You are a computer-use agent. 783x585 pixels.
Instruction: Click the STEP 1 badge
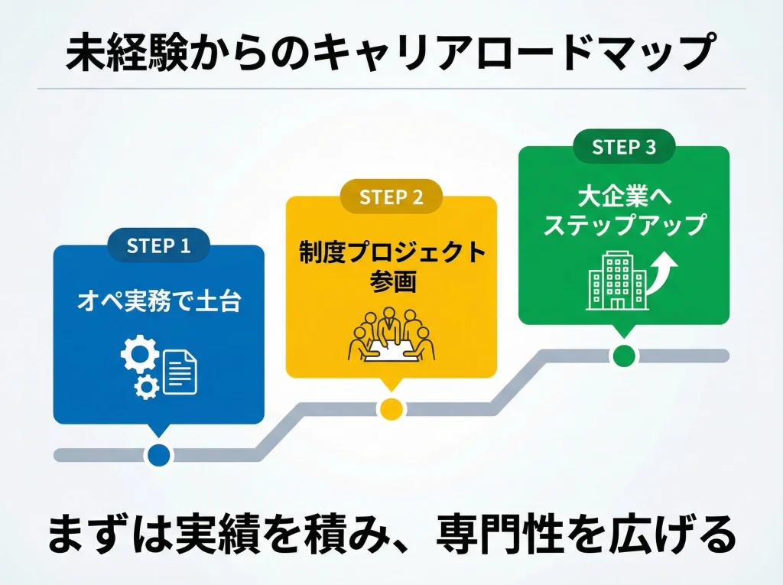[x=158, y=245]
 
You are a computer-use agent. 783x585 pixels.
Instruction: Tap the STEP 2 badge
[x=391, y=197]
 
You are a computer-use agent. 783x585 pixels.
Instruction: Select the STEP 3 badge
[x=624, y=147]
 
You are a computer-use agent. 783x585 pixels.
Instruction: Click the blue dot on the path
[x=158, y=454]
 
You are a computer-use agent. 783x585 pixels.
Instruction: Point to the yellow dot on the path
[x=391, y=408]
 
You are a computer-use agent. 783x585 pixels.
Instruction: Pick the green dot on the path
[x=624, y=355]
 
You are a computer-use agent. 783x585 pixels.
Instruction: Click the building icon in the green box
[x=617, y=281]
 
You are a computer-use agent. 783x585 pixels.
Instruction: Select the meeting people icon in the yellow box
[x=391, y=336]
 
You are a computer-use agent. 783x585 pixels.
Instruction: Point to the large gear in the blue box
[x=140, y=356]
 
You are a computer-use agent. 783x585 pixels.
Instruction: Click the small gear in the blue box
[x=145, y=388]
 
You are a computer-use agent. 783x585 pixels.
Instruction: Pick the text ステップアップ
[x=624, y=225]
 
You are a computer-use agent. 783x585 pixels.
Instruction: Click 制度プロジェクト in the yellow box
[x=391, y=252]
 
